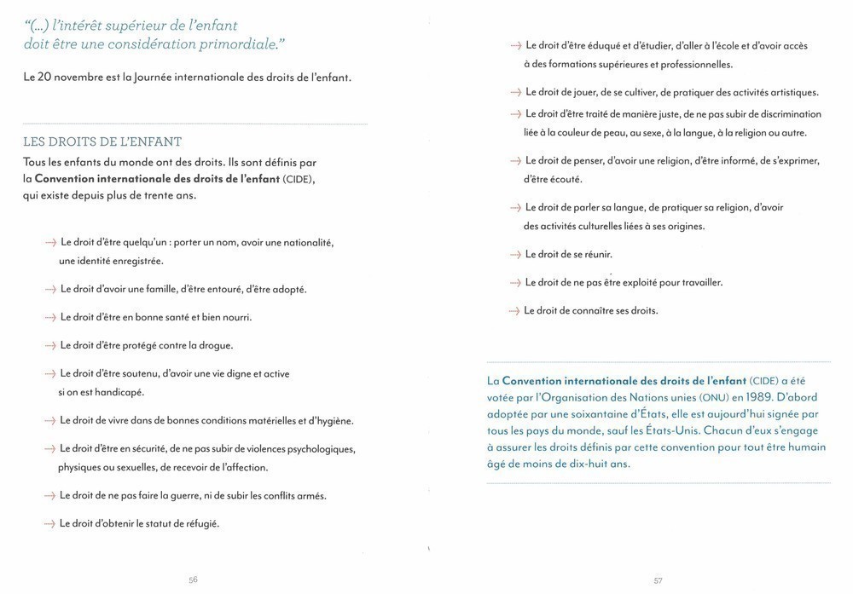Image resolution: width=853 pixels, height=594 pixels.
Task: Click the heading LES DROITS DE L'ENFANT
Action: pos(102,141)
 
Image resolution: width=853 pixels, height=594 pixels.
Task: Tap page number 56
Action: pos(193,580)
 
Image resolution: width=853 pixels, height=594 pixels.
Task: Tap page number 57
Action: pos(659,580)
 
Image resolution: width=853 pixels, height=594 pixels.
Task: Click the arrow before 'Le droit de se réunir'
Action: pos(515,254)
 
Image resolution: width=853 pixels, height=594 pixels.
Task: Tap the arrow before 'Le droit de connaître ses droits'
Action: pos(515,310)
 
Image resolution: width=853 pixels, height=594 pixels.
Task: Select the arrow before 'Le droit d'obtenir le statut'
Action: pos(50,523)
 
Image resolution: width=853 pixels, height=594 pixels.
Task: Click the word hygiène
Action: pos(331,420)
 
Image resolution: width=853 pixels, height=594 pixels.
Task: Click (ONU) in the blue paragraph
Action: pos(713,397)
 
